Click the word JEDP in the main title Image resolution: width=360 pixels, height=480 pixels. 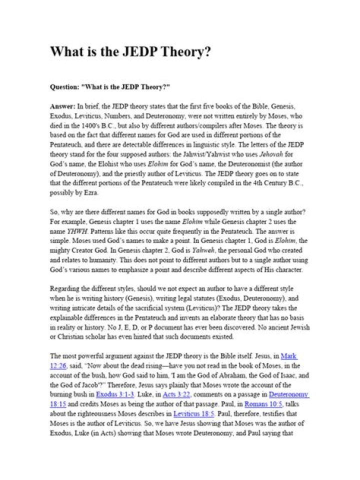[x=135, y=52]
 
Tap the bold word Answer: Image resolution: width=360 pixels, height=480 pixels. [x=62, y=107]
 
